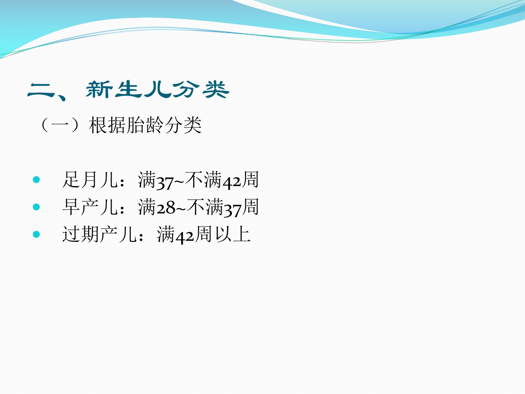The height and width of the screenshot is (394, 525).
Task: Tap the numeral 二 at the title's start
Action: [x=41, y=91]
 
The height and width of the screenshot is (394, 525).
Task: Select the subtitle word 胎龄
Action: [x=145, y=125]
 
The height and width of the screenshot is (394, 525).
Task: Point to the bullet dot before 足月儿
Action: [x=36, y=179]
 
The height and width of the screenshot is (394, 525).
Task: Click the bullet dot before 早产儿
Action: [x=36, y=207]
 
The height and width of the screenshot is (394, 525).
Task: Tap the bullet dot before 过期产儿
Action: [x=36, y=234]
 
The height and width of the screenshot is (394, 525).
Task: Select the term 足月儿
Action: [x=90, y=179]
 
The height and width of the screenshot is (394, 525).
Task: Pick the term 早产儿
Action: [x=90, y=207]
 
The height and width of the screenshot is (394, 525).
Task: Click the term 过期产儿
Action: [x=100, y=234]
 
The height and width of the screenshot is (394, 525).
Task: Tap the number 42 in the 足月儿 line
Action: [x=232, y=181]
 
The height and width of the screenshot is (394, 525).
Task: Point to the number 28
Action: [x=166, y=208]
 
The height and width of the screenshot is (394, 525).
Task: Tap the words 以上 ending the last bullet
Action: [x=233, y=234]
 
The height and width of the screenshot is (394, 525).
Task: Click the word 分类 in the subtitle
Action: [x=183, y=125]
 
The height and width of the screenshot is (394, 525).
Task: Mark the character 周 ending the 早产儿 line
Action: [x=250, y=207]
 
